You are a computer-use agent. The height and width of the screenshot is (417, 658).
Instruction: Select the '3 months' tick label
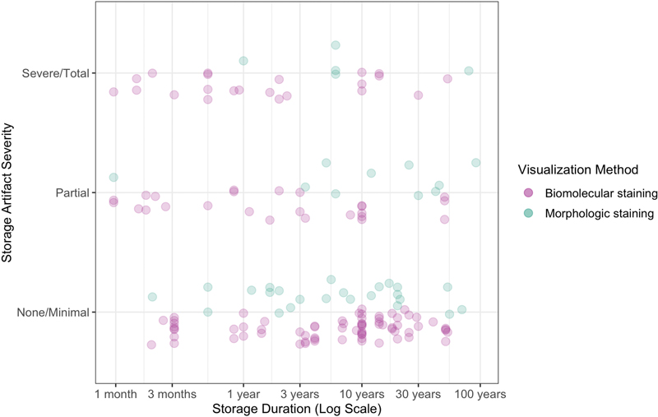173,393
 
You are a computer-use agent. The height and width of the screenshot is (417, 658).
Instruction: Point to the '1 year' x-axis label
243,393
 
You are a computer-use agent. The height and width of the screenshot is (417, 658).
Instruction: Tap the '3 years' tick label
299,393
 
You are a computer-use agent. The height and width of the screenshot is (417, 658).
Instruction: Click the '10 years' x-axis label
361,393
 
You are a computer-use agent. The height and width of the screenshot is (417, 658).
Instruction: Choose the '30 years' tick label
418,393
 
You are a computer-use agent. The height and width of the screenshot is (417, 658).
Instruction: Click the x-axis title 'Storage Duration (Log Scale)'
296,408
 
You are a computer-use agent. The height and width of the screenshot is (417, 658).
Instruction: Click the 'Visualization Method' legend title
579,169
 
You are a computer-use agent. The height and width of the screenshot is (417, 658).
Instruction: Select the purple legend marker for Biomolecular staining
529,192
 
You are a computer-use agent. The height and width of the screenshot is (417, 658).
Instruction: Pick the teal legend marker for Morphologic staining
529,213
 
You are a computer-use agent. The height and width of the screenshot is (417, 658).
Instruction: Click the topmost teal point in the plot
336,44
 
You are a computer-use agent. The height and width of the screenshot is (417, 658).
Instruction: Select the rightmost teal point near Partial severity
475,162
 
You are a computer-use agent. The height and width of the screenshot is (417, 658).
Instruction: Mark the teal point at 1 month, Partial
114,177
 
